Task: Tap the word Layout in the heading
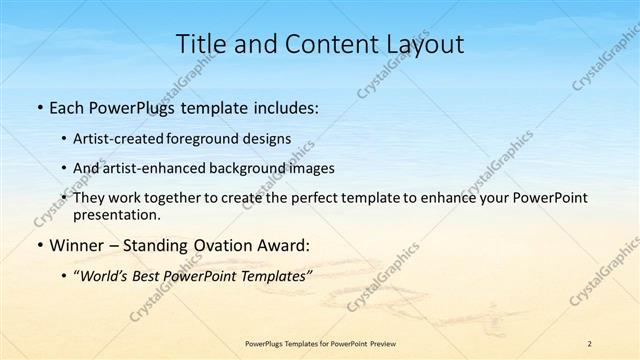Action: (x=426, y=43)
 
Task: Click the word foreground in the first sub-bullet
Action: (x=215, y=137)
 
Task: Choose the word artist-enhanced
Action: (x=161, y=167)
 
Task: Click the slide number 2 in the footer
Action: (x=590, y=343)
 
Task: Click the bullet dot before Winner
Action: (x=39, y=245)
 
